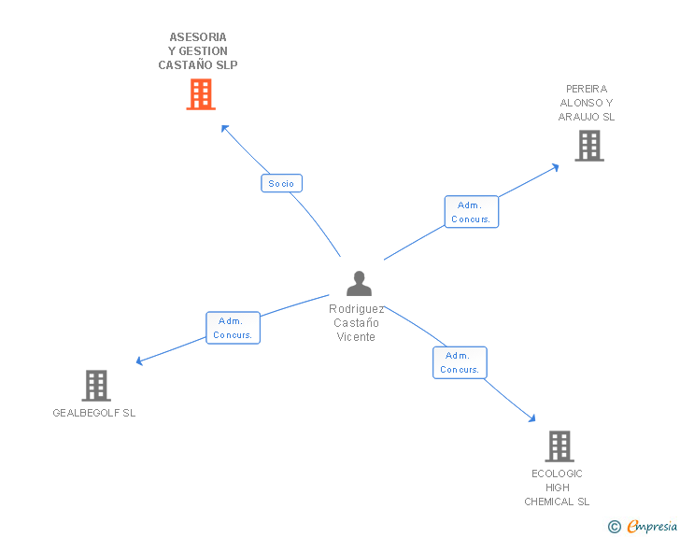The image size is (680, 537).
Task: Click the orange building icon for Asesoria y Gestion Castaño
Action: [x=201, y=94]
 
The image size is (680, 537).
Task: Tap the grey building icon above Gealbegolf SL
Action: [x=96, y=385]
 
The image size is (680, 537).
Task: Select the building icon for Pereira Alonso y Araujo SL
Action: [x=588, y=146]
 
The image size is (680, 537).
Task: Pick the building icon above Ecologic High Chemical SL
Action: [x=559, y=446]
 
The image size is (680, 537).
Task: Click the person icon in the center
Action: [x=359, y=283]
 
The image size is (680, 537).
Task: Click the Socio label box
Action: [x=281, y=183]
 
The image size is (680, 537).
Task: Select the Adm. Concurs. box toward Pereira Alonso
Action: [x=471, y=212]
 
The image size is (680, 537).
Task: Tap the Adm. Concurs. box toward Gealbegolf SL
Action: [x=233, y=328]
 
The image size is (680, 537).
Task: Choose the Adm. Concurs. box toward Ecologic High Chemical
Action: [x=460, y=362]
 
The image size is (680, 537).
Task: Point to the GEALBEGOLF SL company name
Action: [x=94, y=413]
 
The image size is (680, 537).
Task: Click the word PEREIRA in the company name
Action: [x=587, y=89]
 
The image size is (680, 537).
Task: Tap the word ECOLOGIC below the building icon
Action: [x=557, y=473]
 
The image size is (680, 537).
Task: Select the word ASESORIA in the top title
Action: [x=198, y=37]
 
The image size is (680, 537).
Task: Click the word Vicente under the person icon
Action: [x=356, y=337]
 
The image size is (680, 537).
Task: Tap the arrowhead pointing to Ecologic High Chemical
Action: [x=532, y=418]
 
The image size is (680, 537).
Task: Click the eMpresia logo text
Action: [x=651, y=527]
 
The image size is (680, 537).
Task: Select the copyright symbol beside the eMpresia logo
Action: [x=615, y=527]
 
